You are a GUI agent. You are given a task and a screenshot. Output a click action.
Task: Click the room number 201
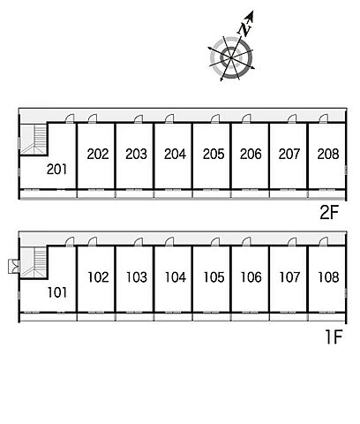[56, 170]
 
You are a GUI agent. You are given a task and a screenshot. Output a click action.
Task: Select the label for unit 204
[175, 154]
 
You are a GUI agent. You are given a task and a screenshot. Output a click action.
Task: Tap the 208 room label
[328, 154]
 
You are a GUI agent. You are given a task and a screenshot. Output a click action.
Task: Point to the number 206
[251, 154]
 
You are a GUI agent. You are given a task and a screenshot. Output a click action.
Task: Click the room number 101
[57, 292]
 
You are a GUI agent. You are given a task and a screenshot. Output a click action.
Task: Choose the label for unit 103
[137, 277]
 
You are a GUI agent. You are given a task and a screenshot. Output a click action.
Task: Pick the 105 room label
[214, 277]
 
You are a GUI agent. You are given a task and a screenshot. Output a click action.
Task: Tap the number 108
[328, 277]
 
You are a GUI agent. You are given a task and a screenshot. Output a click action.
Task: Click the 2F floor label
[329, 213]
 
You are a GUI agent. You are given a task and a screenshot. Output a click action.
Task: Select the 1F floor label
[334, 337]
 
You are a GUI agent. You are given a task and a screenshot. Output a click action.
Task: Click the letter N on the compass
[244, 29]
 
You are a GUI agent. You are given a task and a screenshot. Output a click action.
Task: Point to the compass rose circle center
[231, 57]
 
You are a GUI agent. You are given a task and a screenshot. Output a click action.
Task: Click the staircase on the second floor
[34, 140]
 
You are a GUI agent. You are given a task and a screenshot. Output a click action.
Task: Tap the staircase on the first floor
[34, 262]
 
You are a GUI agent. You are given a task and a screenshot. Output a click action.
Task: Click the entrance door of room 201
[70, 118]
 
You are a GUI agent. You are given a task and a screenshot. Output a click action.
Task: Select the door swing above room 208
[323, 118]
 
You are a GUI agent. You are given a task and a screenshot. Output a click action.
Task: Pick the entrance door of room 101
[70, 241]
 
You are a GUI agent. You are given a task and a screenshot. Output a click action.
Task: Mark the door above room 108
[323, 241]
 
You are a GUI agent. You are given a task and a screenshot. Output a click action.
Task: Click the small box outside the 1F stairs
[14, 266]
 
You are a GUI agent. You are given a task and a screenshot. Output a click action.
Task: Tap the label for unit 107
[289, 277]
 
